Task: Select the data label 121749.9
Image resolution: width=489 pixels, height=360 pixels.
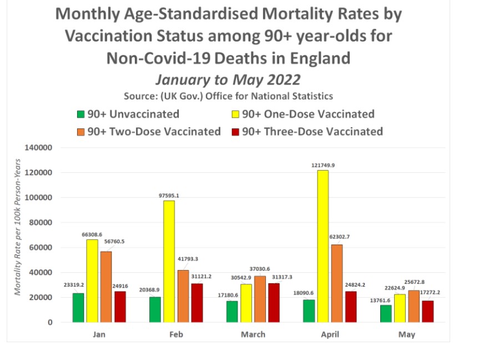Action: [x=323, y=166]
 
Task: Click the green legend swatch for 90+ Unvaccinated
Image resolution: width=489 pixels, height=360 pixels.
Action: [x=81, y=115]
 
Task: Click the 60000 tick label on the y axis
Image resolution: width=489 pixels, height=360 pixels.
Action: [x=39, y=248]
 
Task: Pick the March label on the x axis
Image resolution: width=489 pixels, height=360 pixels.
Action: [x=253, y=334]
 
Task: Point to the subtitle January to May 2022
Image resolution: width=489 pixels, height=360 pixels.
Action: [x=228, y=78]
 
